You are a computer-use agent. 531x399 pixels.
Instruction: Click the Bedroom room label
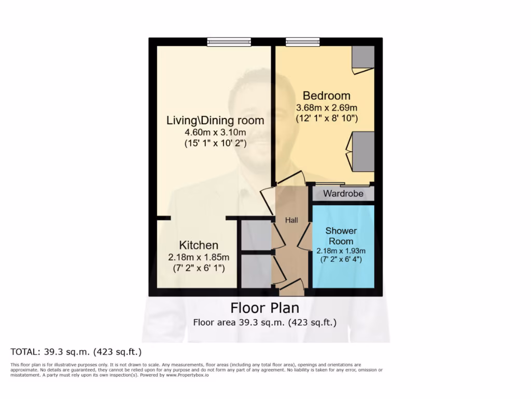(326, 96)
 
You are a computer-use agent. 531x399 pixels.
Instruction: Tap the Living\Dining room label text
(215, 121)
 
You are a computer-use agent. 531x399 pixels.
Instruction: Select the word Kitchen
(199, 245)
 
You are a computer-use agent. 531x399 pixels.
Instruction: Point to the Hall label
(291, 220)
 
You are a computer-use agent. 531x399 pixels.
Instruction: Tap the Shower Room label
(341, 236)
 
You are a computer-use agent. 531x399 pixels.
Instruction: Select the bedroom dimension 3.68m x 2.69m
(326, 108)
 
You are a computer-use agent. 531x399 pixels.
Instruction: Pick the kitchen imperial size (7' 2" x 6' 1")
(199, 268)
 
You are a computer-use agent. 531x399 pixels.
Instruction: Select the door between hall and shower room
(305, 239)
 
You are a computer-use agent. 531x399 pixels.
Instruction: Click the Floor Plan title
(264, 308)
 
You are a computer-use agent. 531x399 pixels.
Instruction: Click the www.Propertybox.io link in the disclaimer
(188, 375)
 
